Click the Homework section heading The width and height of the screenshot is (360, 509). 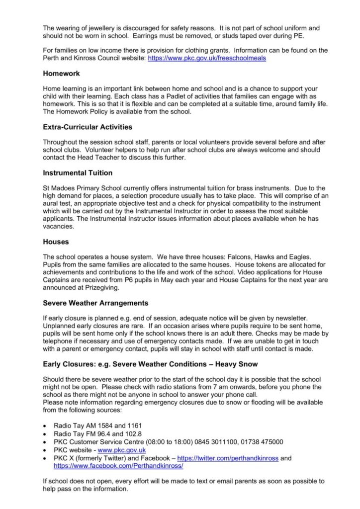click(x=61, y=73)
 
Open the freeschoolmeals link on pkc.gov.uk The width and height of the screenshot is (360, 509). click(x=206, y=58)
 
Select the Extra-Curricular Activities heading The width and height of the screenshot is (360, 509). click(x=88, y=127)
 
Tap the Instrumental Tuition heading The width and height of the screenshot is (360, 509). click(x=78, y=173)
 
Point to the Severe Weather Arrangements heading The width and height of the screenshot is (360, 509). click(x=95, y=303)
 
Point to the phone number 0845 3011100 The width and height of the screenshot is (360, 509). click(x=210, y=441)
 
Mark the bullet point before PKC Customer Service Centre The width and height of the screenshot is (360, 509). click(x=45, y=441)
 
